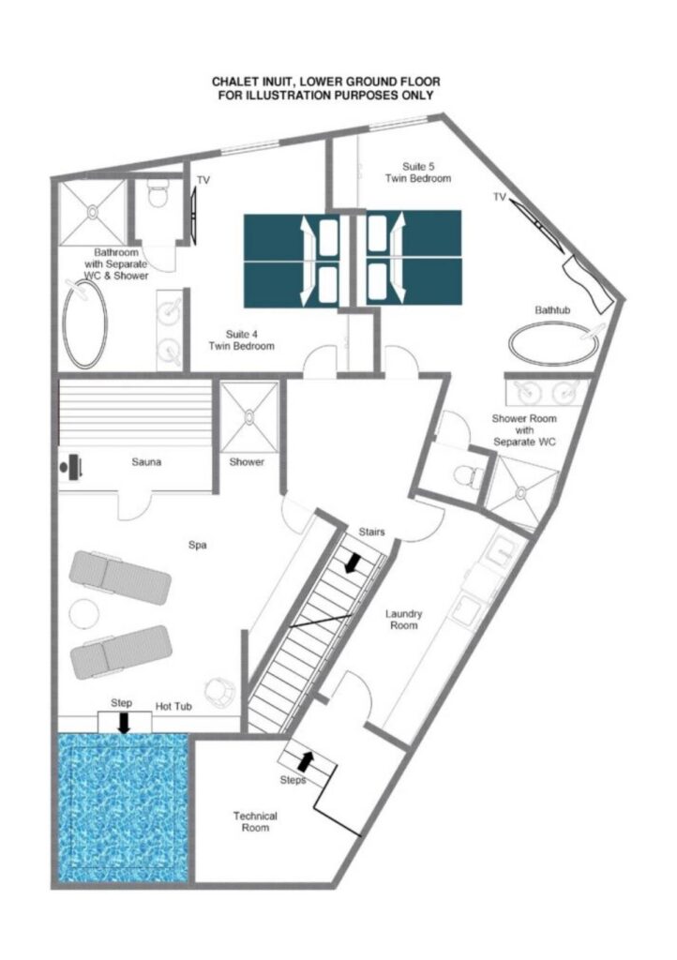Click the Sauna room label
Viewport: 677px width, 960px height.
coord(146,461)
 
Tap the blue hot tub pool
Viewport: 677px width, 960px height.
coord(123,807)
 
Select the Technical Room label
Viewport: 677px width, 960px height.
coord(255,821)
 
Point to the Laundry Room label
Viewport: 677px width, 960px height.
coord(403,620)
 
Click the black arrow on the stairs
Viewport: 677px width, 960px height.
coord(352,562)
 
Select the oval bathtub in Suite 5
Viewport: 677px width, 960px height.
coord(554,344)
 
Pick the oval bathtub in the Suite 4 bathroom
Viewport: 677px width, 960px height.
coord(85,324)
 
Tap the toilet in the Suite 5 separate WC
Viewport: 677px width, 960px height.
coord(471,474)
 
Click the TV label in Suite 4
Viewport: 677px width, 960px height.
coord(203,180)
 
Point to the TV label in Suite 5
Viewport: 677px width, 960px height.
coord(500,197)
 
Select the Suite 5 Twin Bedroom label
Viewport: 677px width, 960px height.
coord(418,172)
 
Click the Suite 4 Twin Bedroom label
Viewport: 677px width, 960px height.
coord(241,339)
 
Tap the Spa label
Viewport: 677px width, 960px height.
coord(197,545)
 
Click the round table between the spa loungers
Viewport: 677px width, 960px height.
coord(83,613)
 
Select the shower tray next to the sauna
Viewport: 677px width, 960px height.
coord(249,417)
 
